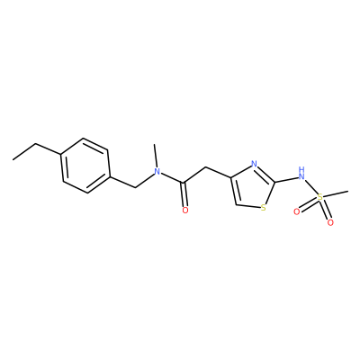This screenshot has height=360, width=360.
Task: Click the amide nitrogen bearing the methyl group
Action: (156, 172)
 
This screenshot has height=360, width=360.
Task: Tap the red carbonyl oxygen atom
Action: (185, 211)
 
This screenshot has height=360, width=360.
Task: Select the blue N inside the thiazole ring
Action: (254, 164)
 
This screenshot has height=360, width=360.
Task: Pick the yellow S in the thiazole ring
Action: (264, 207)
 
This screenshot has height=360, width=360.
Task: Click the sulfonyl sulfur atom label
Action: (320, 197)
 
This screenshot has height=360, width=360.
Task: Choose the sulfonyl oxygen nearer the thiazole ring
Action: (297, 212)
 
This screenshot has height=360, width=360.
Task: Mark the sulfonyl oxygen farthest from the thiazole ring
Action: (330, 222)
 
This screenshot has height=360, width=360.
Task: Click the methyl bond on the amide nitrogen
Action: (155, 156)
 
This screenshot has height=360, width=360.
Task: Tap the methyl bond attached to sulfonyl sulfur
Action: (336, 193)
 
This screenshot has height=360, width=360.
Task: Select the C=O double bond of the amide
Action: (185, 194)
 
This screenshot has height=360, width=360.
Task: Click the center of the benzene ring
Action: (85, 166)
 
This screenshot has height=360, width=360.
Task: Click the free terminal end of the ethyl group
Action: (13, 159)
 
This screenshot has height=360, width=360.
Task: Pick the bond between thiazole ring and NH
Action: (286, 179)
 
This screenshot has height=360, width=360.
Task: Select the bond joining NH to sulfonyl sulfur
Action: (310, 187)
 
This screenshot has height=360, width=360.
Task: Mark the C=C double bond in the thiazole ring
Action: (234, 192)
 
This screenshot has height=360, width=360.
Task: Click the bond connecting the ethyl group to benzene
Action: (49, 149)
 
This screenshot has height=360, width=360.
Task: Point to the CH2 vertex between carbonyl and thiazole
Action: (205, 166)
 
